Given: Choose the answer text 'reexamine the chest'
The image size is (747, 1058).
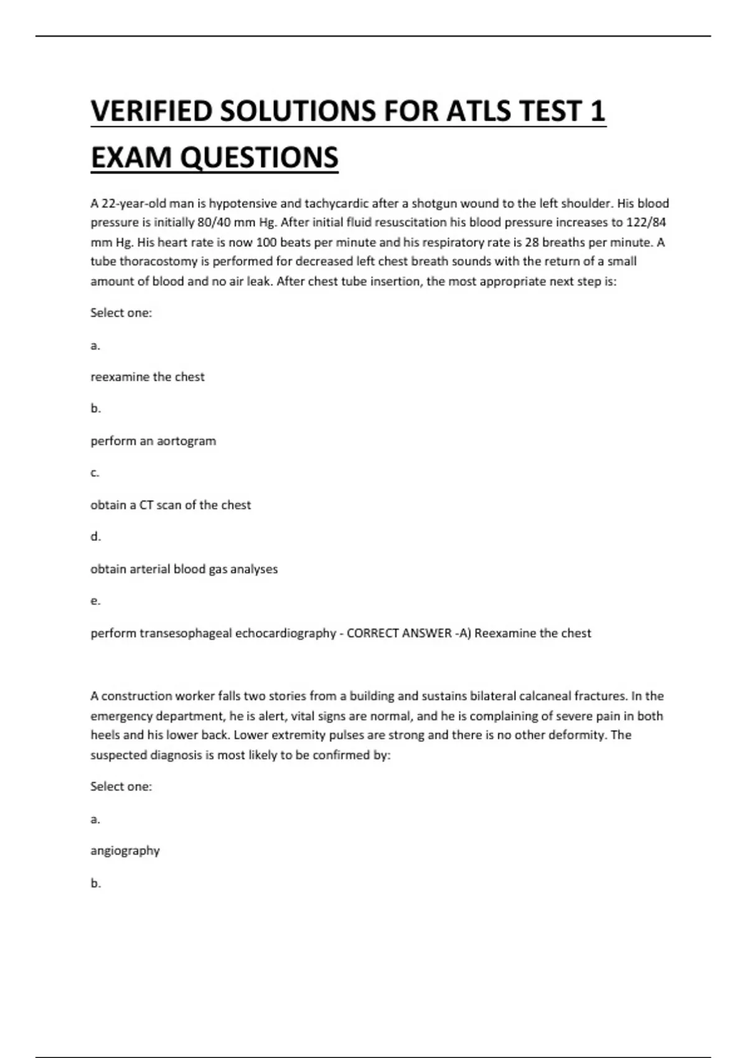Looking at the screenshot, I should [x=148, y=377].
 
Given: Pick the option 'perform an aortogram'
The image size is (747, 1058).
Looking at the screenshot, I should [x=153, y=441].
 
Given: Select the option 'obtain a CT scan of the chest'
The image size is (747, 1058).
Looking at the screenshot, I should [x=171, y=505].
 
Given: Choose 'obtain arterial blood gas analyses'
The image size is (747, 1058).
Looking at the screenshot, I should [x=184, y=569].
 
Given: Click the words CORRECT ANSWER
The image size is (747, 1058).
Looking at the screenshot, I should [x=399, y=634].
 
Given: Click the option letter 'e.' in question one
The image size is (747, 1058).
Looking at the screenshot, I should [x=95, y=601].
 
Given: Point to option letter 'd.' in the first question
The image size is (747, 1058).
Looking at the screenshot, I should [x=95, y=536].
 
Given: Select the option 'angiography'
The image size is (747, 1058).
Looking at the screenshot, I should [x=125, y=851].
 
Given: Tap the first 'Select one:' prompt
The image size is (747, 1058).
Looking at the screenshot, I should [x=121, y=313].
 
